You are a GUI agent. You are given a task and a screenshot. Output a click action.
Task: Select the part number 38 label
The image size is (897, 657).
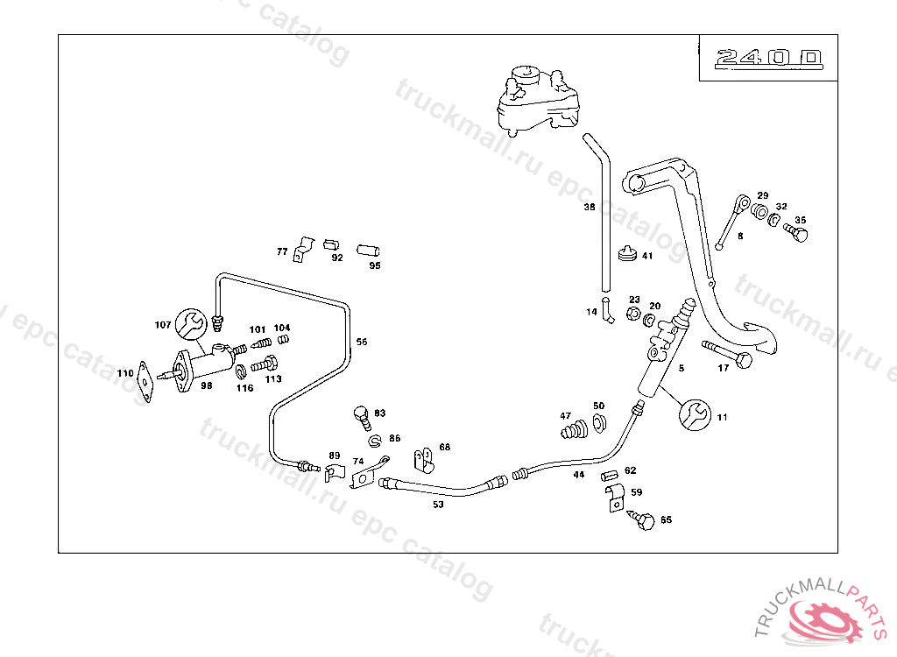[590, 208]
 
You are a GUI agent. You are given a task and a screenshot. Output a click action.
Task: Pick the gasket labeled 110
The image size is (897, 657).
[145, 383]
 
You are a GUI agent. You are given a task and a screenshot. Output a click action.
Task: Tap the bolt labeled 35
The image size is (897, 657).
[796, 233]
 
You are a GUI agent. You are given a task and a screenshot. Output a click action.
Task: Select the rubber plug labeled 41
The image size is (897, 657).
[626, 255]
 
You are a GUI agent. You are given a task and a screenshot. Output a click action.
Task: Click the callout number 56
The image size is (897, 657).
[362, 343]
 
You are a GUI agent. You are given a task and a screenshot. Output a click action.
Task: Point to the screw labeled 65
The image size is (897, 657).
[645, 521]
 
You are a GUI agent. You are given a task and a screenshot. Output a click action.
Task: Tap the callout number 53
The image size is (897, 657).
[438, 504]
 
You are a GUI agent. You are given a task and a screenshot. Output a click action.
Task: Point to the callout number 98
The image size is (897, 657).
[207, 385]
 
